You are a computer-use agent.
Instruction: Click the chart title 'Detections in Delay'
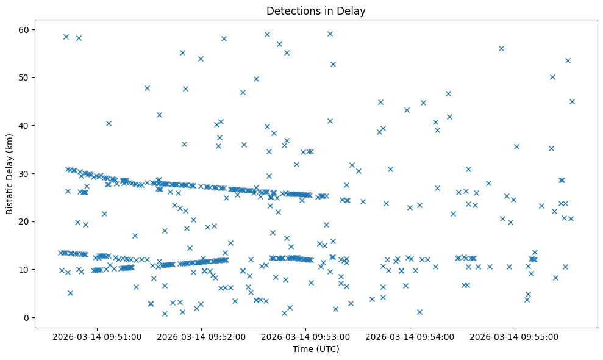click(316, 10)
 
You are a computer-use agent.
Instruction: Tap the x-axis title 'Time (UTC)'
click(316, 350)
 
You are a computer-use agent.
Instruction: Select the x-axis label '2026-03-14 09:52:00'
click(201, 336)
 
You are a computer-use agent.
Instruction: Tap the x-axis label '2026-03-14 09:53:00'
click(306, 336)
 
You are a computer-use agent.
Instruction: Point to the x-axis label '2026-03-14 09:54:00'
click(410, 336)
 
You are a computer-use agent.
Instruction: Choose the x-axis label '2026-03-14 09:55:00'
click(515, 336)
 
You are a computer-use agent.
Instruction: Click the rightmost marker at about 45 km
click(572, 101)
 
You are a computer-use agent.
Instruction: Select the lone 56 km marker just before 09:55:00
click(501, 48)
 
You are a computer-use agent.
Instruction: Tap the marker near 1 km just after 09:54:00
click(419, 312)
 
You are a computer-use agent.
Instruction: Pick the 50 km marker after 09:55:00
click(552, 77)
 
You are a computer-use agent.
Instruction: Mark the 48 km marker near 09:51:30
click(147, 88)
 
